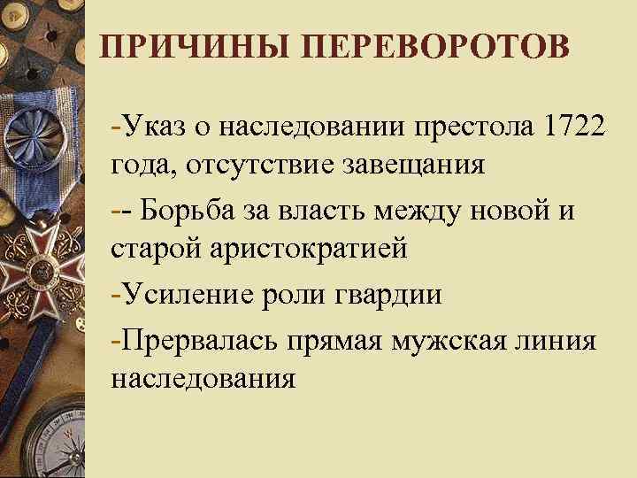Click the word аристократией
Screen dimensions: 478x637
[x=307, y=251]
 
